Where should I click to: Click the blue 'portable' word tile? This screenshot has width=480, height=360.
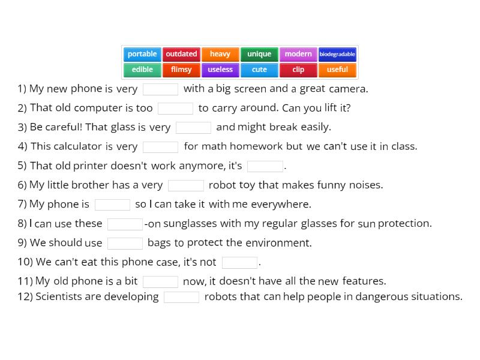coord(142,54)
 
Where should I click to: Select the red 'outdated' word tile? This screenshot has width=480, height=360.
coord(181,54)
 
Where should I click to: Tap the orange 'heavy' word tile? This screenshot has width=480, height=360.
coord(220,54)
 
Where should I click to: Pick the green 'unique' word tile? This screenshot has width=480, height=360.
coord(259,54)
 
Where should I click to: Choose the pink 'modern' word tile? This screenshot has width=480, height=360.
coord(298,54)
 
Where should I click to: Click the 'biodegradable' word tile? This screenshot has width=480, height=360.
coord(337,54)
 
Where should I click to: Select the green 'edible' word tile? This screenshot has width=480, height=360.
coord(142,70)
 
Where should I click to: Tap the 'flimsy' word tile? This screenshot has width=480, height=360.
coord(181,70)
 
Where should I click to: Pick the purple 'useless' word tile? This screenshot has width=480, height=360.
coord(220,70)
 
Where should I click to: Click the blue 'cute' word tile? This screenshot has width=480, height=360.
coord(259,70)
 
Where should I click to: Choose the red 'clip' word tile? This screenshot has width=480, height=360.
coord(298,70)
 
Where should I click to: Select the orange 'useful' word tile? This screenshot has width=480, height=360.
coord(337,70)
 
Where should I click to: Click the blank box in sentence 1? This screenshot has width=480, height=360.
coord(161,89)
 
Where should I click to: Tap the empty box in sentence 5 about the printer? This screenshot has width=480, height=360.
coord(265,166)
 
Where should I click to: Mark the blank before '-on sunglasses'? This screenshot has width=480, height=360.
coord(125,224)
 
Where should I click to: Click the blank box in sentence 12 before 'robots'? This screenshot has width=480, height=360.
coord(181,297)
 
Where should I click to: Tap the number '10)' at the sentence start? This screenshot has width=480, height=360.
coord(25,262)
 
